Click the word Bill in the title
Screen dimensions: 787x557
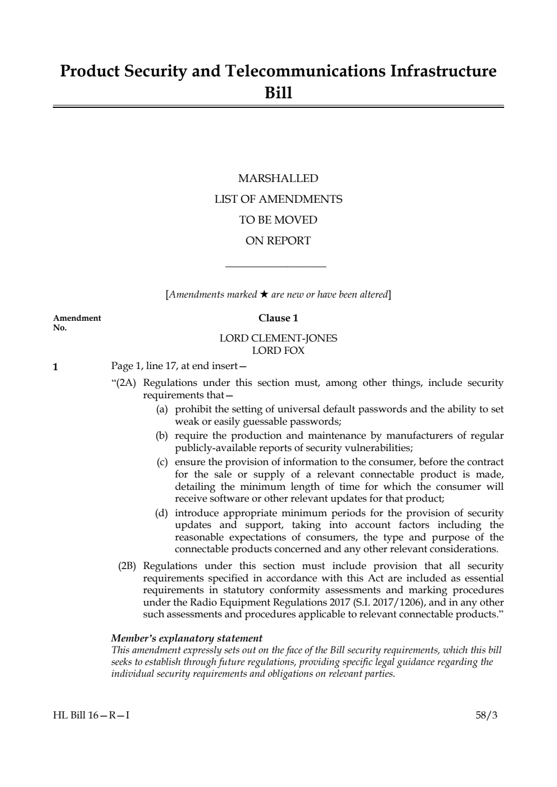click(278, 93)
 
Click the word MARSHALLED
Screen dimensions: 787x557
click(278, 179)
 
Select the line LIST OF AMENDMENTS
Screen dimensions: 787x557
click(278, 199)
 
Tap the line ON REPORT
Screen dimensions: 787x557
click(278, 241)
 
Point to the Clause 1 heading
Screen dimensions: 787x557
click(278, 318)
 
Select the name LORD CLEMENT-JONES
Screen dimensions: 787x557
click(278, 338)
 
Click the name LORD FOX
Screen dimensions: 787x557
click(278, 351)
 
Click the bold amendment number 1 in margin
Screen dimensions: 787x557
click(55, 367)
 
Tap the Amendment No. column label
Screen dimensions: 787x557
click(77, 322)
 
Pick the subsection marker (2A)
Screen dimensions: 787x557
click(126, 383)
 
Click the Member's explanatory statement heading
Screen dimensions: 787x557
click(187, 638)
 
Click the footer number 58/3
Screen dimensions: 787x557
click(487, 716)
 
